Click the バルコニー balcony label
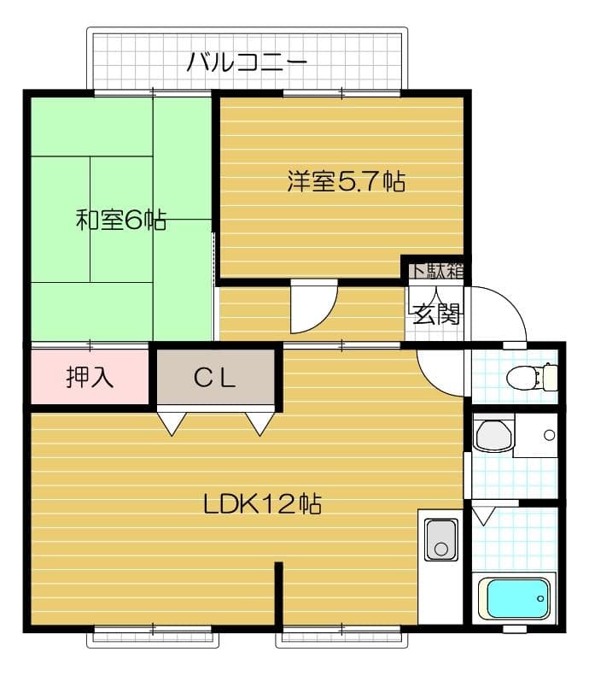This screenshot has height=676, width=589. (247, 62)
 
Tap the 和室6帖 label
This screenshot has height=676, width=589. (120, 220)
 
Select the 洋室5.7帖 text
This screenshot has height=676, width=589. (345, 181)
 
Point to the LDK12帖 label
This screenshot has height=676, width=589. (262, 503)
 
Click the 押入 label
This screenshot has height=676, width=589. (90, 378)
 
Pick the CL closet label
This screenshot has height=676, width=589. (215, 379)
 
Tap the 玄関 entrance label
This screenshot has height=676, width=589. (436, 314)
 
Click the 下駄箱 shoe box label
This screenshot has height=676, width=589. (437, 269)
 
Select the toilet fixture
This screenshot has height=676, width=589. (530, 375)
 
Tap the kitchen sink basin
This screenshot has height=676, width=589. (440, 538)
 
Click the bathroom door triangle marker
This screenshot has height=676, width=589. (483, 515)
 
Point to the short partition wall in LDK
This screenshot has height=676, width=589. (278, 593)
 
